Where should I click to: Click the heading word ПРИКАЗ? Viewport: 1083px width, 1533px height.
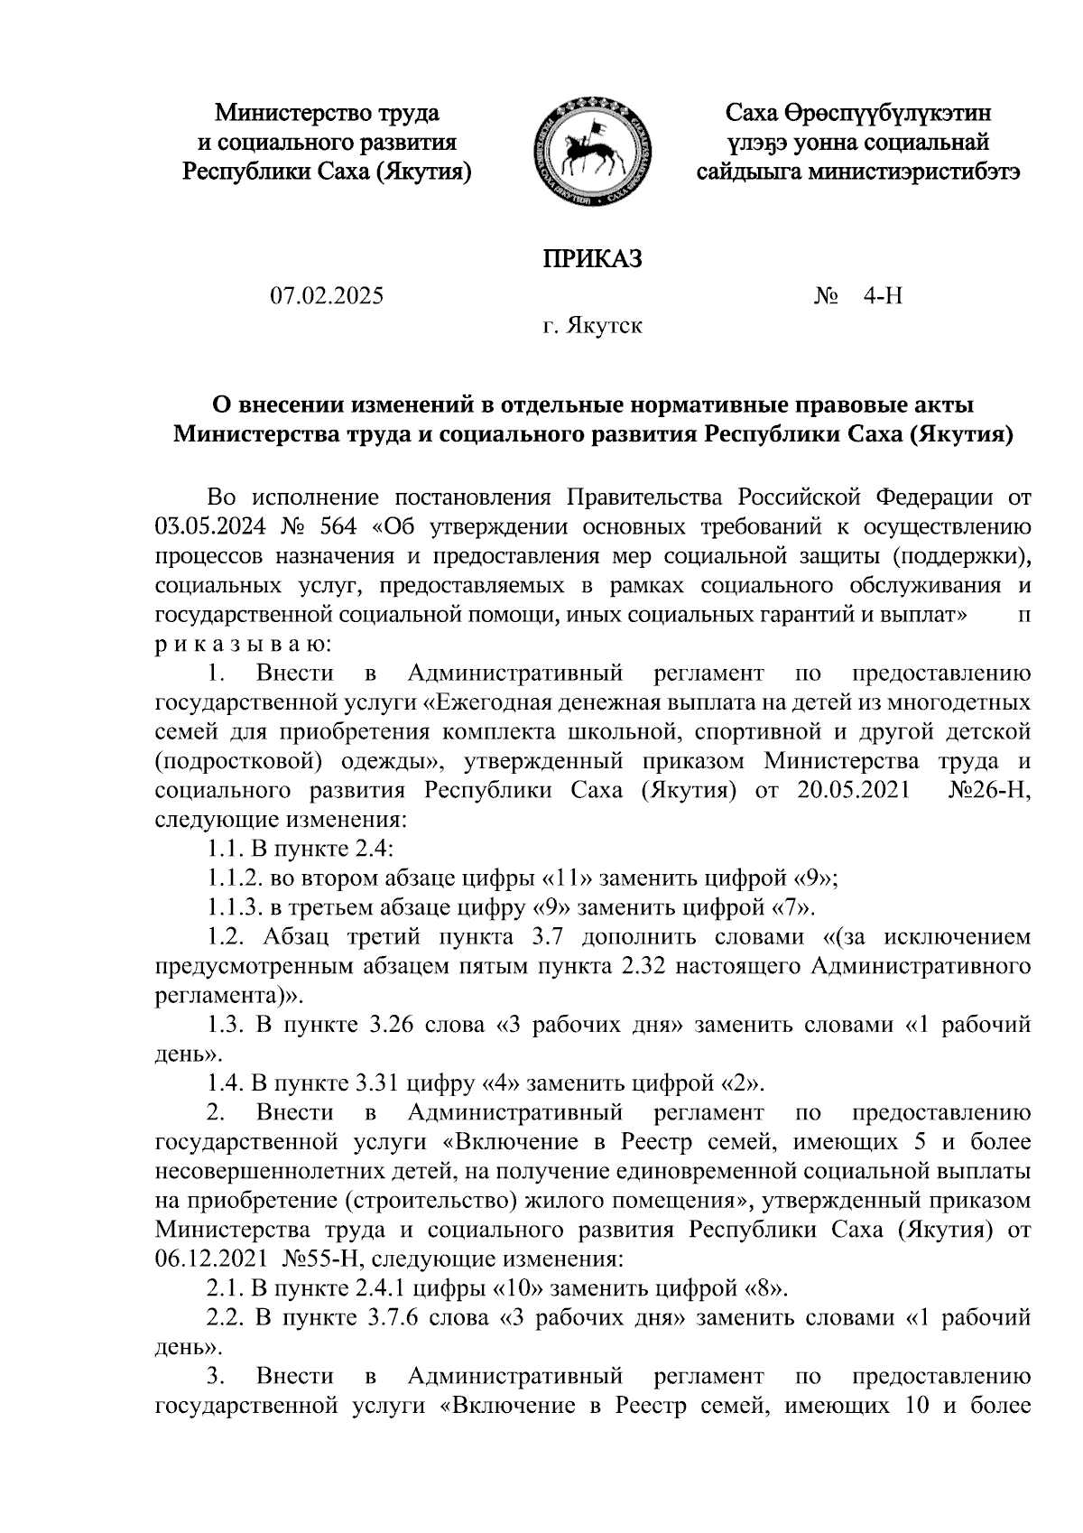point(592,259)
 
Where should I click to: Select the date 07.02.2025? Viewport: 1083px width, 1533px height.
point(326,296)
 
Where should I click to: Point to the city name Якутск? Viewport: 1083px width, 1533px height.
point(605,325)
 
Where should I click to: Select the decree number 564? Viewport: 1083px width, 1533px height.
point(338,526)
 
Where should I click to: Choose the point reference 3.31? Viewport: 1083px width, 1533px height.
point(374,1082)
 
